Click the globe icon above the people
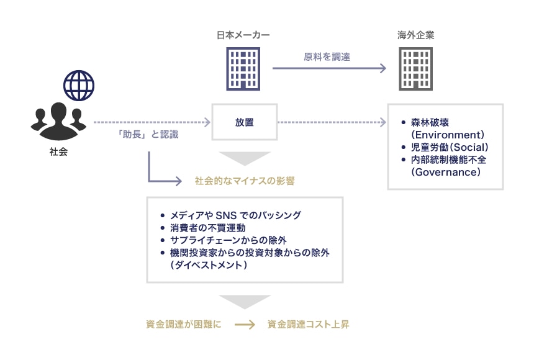79,86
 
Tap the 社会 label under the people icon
58,151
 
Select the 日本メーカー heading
243,35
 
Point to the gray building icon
416,69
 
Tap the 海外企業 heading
416,35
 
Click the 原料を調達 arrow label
327,56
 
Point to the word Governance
445,172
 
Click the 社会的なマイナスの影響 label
245,181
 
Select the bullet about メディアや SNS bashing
235,215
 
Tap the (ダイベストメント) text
208,265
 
